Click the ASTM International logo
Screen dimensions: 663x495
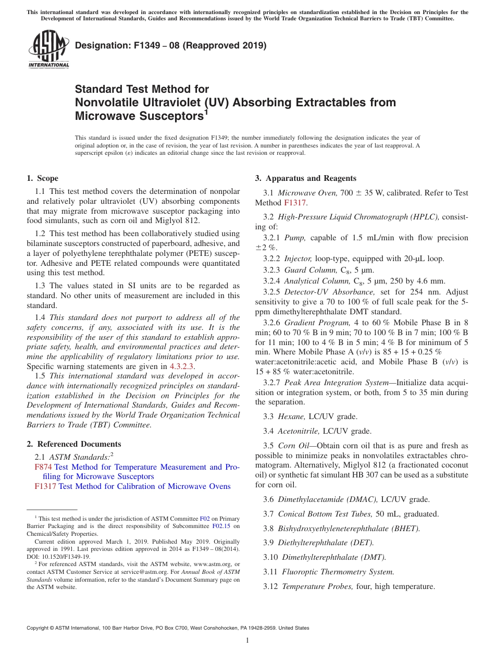48,50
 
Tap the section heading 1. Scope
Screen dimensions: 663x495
42,178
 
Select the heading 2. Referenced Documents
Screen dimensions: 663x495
74,444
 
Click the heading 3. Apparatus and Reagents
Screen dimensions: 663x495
305,178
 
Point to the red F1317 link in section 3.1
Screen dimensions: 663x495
294,203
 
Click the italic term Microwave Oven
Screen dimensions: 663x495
307,193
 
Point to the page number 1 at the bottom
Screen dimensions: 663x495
247,640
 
